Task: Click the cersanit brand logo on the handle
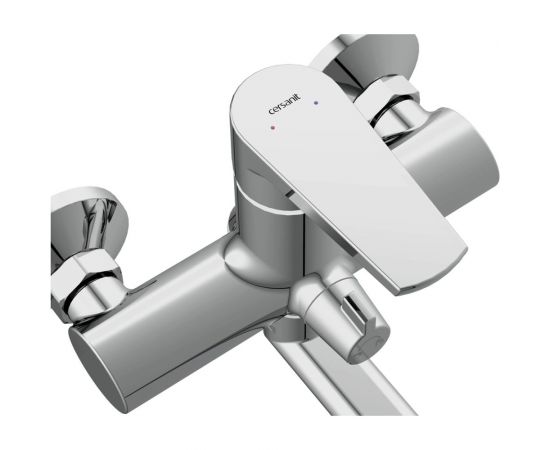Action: click(x=284, y=104)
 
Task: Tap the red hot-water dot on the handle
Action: click(x=273, y=128)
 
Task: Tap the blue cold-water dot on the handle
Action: click(x=316, y=103)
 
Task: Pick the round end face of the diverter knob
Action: click(x=368, y=344)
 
